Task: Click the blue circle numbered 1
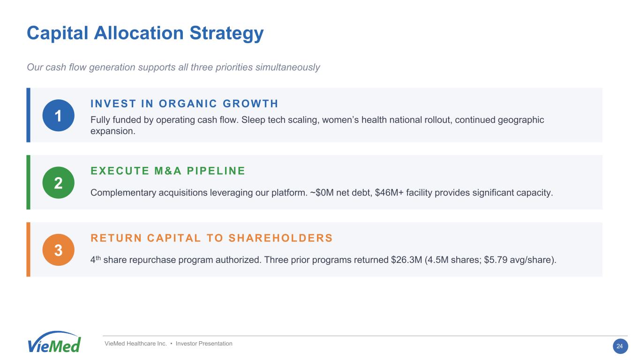[x=58, y=115]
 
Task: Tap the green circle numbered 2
[x=58, y=182]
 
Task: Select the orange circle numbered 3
[x=58, y=250]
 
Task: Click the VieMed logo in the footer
[x=54, y=342]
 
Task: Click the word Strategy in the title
[x=226, y=34]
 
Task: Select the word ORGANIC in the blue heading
[x=188, y=104]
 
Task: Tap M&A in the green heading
[x=168, y=171]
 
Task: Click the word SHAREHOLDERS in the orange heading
[x=280, y=238]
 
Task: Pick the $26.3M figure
[x=407, y=260]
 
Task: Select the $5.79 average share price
[x=496, y=260]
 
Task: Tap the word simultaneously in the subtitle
[x=287, y=67]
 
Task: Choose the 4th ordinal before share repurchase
[x=96, y=259]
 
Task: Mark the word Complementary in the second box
[x=123, y=193]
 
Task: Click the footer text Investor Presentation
[x=204, y=344]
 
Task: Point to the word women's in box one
[x=340, y=120]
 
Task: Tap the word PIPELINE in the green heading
[x=216, y=171]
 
